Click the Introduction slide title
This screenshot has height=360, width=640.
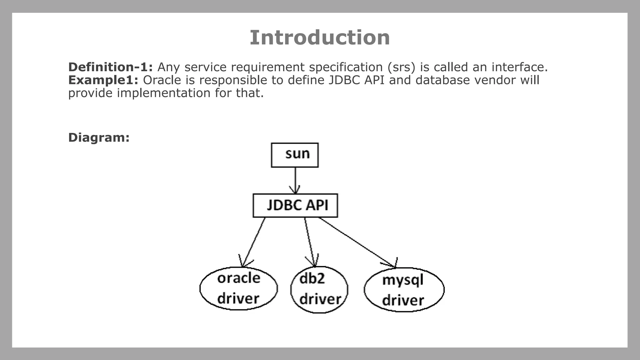(x=320, y=37)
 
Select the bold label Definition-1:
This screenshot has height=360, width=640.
(x=110, y=67)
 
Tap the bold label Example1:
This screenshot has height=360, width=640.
(x=103, y=80)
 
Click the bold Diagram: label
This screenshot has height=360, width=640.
(x=99, y=137)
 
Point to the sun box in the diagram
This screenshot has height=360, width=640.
(x=295, y=155)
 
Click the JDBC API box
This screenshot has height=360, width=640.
(x=295, y=205)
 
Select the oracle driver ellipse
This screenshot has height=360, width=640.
(x=238, y=288)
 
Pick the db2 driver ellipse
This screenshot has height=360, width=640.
(x=319, y=289)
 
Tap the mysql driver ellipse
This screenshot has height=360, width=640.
(x=404, y=289)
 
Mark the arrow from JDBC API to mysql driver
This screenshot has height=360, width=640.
(x=356, y=242)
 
